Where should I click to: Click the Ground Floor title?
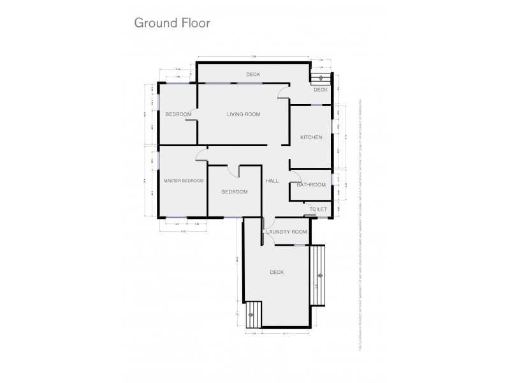(x=171, y=23)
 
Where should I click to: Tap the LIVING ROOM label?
(x=244, y=114)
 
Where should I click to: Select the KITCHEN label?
(x=311, y=137)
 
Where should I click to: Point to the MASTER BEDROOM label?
(x=184, y=181)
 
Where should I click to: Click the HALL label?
(x=273, y=181)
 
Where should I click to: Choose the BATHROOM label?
(x=311, y=185)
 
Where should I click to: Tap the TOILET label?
(x=317, y=209)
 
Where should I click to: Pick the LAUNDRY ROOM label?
(x=286, y=232)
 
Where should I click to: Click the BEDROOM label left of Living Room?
(x=178, y=114)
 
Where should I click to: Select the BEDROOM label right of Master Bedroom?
(x=235, y=192)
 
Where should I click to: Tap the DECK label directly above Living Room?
(x=253, y=75)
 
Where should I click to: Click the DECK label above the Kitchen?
(x=320, y=90)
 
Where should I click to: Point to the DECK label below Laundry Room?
(x=277, y=272)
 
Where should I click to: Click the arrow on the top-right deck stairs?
(x=321, y=77)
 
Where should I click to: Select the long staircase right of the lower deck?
(x=318, y=274)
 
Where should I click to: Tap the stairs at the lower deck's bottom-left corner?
(x=253, y=312)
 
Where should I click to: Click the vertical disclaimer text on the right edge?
(x=361, y=223)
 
